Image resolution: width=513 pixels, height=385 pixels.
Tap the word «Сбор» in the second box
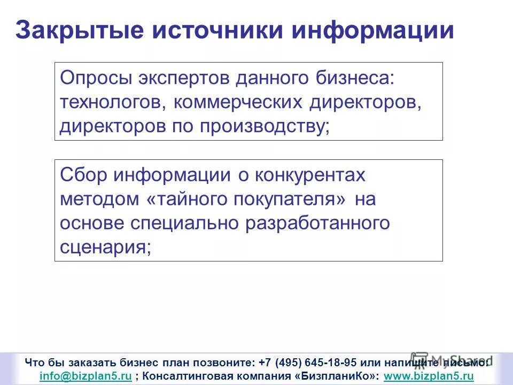point(82,175)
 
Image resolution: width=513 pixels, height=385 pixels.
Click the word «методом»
point(99,199)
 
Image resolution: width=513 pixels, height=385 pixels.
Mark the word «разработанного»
point(318,223)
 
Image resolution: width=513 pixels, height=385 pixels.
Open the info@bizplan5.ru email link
point(85,376)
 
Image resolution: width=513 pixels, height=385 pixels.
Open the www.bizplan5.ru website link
point(429,376)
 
